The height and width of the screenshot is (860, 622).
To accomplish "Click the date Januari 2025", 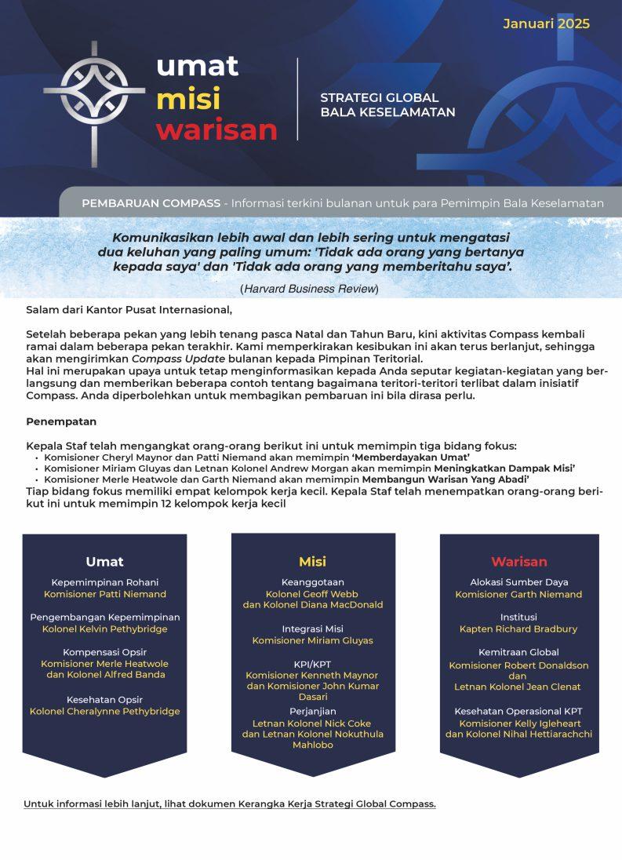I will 546,24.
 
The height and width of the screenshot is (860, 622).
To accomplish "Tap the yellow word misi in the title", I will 188,100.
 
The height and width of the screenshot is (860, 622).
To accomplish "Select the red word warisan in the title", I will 216,129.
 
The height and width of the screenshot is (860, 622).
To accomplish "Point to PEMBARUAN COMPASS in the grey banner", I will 151,203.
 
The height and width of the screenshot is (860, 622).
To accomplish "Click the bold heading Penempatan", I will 56,421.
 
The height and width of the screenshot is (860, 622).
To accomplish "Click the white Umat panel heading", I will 104,561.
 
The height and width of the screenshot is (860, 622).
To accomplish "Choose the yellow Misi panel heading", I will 312,561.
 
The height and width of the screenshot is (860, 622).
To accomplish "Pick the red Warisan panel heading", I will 519,561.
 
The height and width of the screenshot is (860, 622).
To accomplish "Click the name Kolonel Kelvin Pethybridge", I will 104,629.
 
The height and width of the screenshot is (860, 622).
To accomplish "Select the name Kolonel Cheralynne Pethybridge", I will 104,711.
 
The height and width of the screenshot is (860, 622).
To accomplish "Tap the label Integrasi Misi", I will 312,629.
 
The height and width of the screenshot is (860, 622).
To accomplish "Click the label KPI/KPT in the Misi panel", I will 312,663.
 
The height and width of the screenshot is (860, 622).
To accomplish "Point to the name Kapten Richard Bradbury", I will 518,629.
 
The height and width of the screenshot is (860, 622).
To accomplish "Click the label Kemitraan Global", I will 518,652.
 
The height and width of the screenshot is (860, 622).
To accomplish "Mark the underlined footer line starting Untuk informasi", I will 229,804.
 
